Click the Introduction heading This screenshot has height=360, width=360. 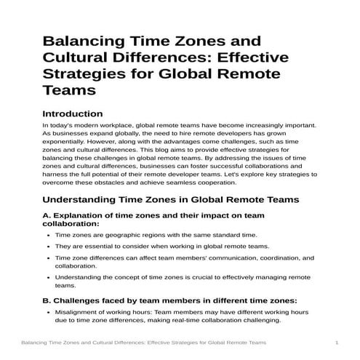[x=73, y=114]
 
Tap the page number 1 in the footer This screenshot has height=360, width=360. [x=337, y=342]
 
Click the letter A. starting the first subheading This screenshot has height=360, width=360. [x=48, y=216]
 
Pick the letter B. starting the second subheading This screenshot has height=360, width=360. [x=48, y=300]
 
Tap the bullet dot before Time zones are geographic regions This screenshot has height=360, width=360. [x=47, y=236]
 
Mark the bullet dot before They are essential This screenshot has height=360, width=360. [x=47, y=247]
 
